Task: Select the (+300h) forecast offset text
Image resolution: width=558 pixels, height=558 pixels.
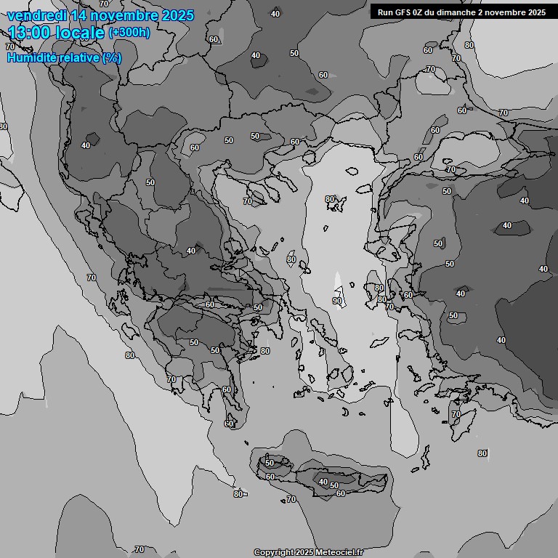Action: pos(129,33)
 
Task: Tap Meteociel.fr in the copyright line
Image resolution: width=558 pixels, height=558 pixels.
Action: pos(333,552)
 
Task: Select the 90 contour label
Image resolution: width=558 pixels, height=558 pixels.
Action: pos(337,301)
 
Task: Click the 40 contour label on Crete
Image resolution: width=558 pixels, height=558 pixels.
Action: pos(323,482)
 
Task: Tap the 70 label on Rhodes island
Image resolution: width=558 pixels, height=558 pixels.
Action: pos(456,414)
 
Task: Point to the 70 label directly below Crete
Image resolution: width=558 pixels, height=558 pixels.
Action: pos(291,499)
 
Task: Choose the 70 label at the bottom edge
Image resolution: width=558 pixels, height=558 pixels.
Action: pos(139,549)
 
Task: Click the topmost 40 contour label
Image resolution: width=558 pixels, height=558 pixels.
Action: pos(275,14)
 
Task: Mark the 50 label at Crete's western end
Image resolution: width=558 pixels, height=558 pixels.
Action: pos(269,463)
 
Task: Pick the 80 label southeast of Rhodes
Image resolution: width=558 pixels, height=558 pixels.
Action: pos(482,453)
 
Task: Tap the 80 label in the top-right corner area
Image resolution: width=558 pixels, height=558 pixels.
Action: pos(469,45)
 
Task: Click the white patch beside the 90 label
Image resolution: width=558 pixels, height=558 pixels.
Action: pos(337,283)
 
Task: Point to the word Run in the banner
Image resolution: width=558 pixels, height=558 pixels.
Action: pos(384,12)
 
